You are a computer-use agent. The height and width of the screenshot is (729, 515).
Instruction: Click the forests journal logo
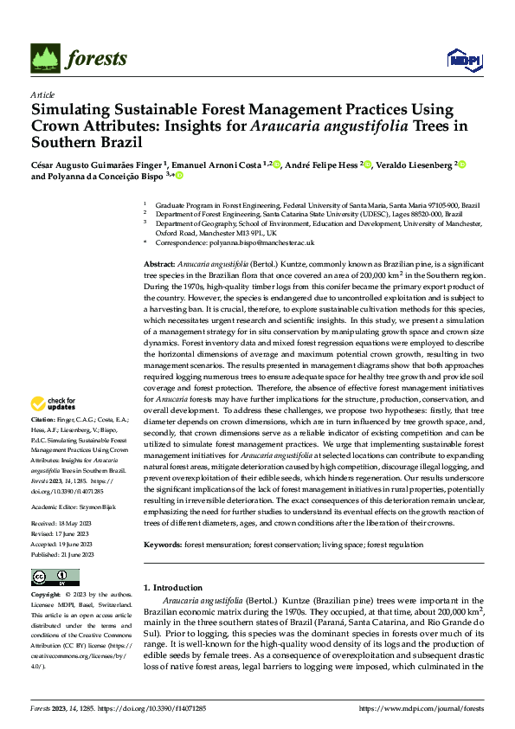pyautogui.click(x=79, y=58)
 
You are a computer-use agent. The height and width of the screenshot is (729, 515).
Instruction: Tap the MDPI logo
pyautogui.click(x=464, y=59)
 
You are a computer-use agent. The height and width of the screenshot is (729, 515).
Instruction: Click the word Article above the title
pyautogui.click(x=42, y=94)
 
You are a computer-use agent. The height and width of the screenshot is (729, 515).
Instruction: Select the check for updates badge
pyautogui.click(x=54, y=403)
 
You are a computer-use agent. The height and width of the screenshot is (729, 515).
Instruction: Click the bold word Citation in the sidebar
pyautogui.click(x=43, y=418)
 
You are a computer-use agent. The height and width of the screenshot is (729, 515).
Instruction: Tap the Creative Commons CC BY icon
pyautogui.click(x=55, y=577)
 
